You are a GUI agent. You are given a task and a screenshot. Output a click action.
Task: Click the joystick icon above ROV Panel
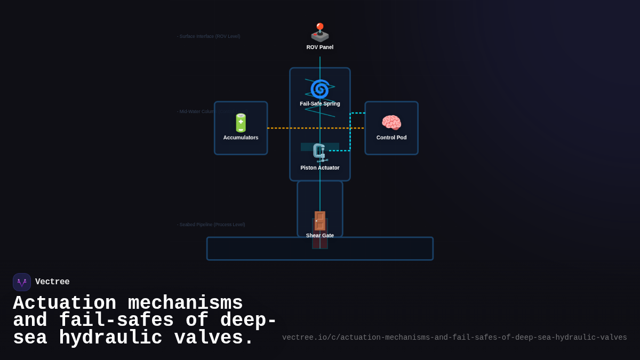click(x=320, y=33)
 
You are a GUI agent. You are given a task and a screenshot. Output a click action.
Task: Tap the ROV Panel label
click(x=320, y=47)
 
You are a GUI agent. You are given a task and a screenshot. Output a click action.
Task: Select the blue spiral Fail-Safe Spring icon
click(x=320, y=89)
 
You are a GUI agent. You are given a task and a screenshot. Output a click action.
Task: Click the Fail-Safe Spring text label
click(x=320, y=104)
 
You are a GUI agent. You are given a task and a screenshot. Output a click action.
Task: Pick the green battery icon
click(x=241, y=123)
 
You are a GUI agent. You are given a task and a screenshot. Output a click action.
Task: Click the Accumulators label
click(x=241, y=138)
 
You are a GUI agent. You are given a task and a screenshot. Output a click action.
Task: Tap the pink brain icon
click(x=391, y=123)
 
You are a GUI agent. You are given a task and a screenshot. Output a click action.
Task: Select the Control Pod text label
click(x=391, y=138)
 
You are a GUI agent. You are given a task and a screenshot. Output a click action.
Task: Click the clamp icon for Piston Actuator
click(x=319, y=153)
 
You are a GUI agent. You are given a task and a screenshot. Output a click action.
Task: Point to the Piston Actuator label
click(x=320, y=168)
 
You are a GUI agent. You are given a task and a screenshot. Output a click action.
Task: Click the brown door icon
click(x=319, y=221)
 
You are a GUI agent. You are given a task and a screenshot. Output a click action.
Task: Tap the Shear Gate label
click(x=320, y=236)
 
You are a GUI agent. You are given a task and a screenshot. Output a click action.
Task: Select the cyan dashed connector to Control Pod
click(x=350, y=133)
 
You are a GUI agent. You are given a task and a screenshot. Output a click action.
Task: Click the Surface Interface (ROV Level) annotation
click(x=209, y=36)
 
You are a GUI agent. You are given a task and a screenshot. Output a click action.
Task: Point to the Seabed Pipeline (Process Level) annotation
click(x=212, y=225)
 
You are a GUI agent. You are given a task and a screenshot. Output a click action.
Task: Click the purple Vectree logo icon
click(x=22, y=282)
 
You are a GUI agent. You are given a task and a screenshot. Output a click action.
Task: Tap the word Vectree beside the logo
click(x=52, y=282)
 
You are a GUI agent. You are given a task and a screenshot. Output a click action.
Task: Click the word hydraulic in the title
click(x=110, y=338)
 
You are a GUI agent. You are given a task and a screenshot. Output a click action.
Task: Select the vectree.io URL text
click(x=454, y=338)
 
